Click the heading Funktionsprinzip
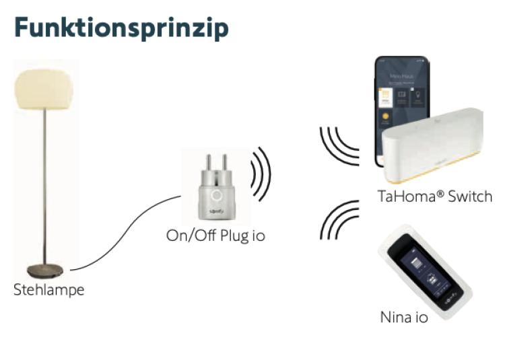pos(121,28)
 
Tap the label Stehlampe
pos(49,290)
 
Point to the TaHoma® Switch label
pos(435,196)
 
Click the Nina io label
pos(404,316)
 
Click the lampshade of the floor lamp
pos(46,89)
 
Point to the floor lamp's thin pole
pos(46,188)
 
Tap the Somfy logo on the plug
pos(215,212)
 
